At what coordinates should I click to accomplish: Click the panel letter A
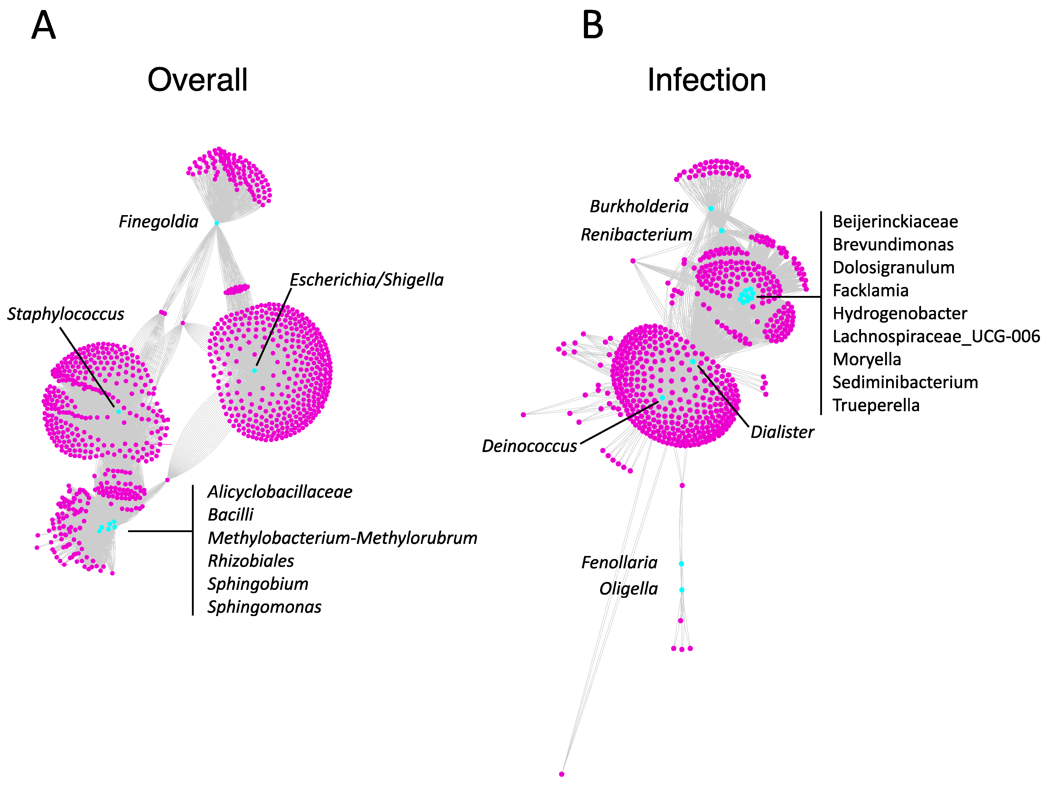click(44, 26)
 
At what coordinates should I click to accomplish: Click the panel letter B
click(593, 26)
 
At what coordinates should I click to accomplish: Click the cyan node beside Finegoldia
click(216, 223)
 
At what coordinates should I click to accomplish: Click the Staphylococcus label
click(65, 314)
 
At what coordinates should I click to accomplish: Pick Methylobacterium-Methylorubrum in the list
click(342, 538)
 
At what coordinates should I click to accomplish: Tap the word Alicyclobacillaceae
click(280, 492)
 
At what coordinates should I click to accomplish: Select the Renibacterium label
click(636, 234)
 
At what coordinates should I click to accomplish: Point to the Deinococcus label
click(529, 446)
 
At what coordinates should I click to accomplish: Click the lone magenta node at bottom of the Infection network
click(561, 774)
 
